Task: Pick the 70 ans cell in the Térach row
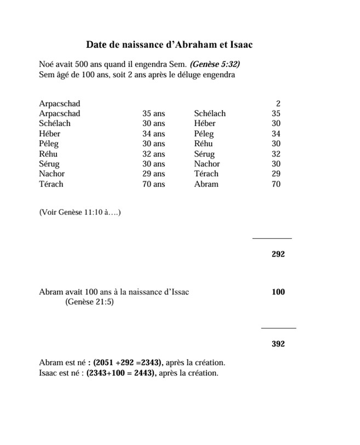tap(153, 184)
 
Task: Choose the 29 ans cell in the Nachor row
tap(153, 174)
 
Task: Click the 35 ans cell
tap(153, 113)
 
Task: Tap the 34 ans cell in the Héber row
tap(153, 134)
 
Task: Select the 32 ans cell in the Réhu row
tap(153, 154)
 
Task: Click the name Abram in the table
tap(206, 184)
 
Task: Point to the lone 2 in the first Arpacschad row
tap(278, 103)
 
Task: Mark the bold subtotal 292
tap(278, 254)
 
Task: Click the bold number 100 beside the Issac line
tap(278, 292)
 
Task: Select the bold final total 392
tap(278, 344)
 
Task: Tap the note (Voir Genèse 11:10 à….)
tap(80, 212)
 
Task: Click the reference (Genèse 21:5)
tap(89, 302)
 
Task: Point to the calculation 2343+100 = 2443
tap(121, 373)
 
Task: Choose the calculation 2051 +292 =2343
tap(128, 363)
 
